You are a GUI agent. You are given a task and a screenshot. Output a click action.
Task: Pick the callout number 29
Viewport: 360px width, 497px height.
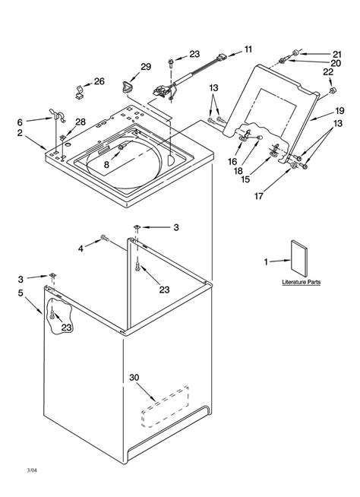[x=146, y=67]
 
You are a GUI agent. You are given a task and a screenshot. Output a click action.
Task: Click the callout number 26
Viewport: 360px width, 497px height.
[x=99, y=81]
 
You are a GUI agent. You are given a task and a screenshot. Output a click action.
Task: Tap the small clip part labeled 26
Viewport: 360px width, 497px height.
[x=79, y=96]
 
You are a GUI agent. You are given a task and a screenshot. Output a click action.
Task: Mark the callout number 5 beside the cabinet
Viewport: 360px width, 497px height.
[x=21, y=291]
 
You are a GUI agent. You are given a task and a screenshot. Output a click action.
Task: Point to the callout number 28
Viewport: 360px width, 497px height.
[x=81, y=122]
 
